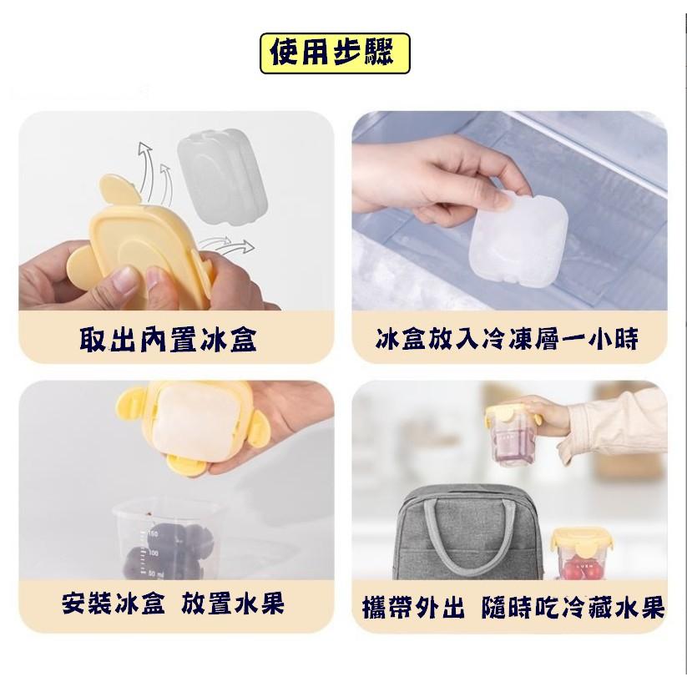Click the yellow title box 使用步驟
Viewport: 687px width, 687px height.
pyautogui.click(x=336, y=53)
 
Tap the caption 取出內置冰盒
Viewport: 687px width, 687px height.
pyautogui.click(x=169, y=340)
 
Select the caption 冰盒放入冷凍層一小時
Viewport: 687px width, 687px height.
pyautogui.click(x=507, y=339)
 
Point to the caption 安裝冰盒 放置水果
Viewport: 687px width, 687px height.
pyautogui.click(x=173, y=604)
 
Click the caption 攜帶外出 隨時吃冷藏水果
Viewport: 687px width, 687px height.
pyautogui.click(x=513, y=607)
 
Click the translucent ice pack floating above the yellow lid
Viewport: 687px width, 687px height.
pyautogui.click(x=223, y=176)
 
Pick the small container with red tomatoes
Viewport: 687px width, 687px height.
pyautogui.click(x=580, y=554)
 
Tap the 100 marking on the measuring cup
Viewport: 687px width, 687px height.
pyautogui.click(x=153, y=553)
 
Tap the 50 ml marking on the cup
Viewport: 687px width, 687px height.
pyautogui.click(x=155, y=573)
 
